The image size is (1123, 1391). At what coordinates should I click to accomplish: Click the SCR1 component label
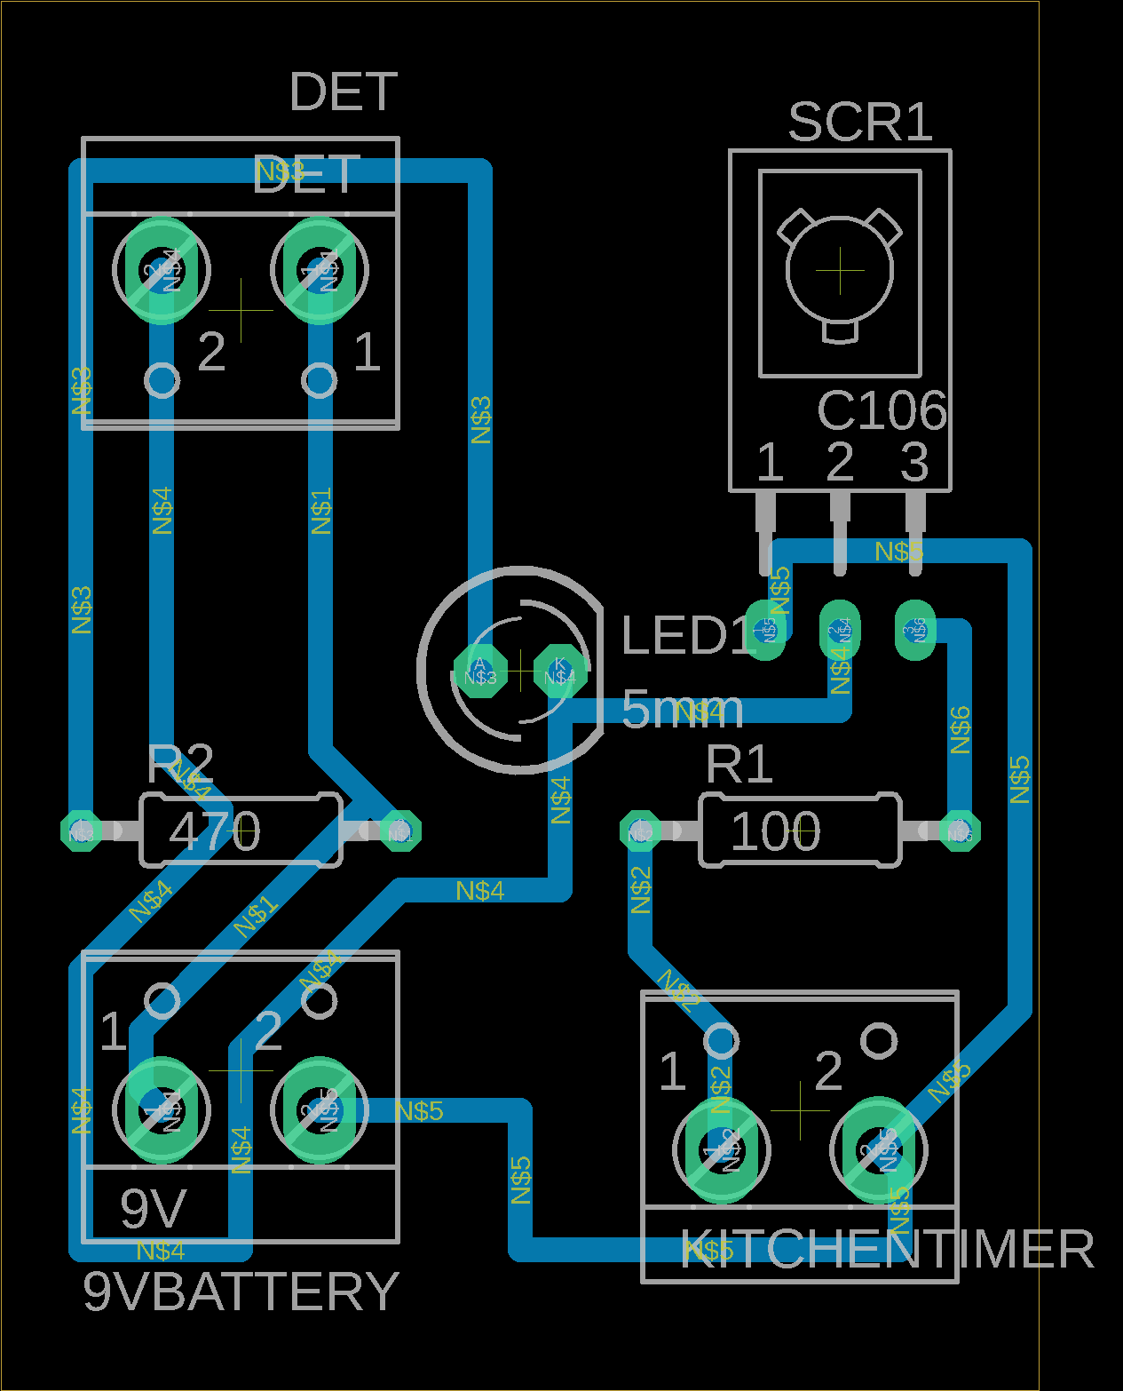tap(859, 122)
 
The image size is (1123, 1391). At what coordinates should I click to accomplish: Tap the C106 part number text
tap(882, 410)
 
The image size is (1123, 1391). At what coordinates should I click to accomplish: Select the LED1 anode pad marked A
tap(480, 672)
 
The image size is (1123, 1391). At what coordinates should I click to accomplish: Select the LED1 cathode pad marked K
tap(559, 672)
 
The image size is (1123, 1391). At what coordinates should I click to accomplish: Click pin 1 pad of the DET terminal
tap(319, 271)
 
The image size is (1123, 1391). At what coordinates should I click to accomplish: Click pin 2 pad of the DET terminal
tap(162, 271)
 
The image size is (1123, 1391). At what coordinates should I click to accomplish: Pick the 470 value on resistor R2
tap(215, 832)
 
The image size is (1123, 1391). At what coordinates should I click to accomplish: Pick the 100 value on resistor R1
tap(775, 832)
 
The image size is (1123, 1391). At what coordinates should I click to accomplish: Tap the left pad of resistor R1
tap(640, 832)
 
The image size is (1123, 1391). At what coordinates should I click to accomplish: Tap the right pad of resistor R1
tap(959, 832)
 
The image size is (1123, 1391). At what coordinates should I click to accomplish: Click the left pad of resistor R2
tap(81, 832)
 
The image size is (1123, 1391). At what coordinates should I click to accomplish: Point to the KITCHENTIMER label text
tap(887, 1250)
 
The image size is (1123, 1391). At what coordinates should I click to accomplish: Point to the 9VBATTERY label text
tap(241, 1292)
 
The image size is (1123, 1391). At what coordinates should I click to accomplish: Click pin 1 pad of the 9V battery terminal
tap(162, 1109)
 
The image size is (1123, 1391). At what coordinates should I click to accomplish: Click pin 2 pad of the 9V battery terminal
tap(319, 1109)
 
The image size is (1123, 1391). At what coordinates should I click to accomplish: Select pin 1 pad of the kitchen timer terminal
tap(722, 1150)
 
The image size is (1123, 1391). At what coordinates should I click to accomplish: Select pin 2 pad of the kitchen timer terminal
tap(879, 1150)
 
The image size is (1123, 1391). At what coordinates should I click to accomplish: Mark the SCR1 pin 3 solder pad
tap(915, 630)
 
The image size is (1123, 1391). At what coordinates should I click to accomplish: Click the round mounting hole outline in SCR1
tap(840, 271)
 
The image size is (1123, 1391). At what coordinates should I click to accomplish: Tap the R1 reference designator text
tap(739, 764)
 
